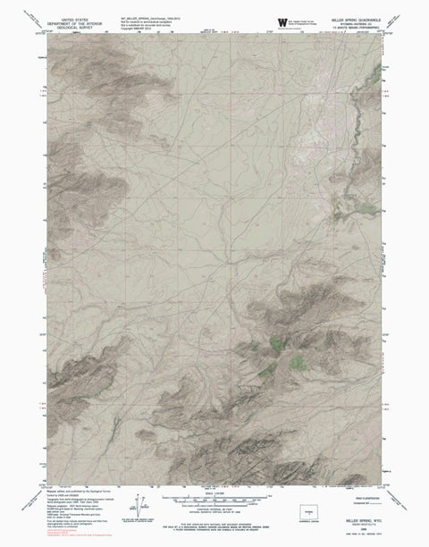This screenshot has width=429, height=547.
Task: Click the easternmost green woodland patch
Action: (x=296, y=362)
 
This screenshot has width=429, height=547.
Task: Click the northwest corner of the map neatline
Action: (x=42, y=33)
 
